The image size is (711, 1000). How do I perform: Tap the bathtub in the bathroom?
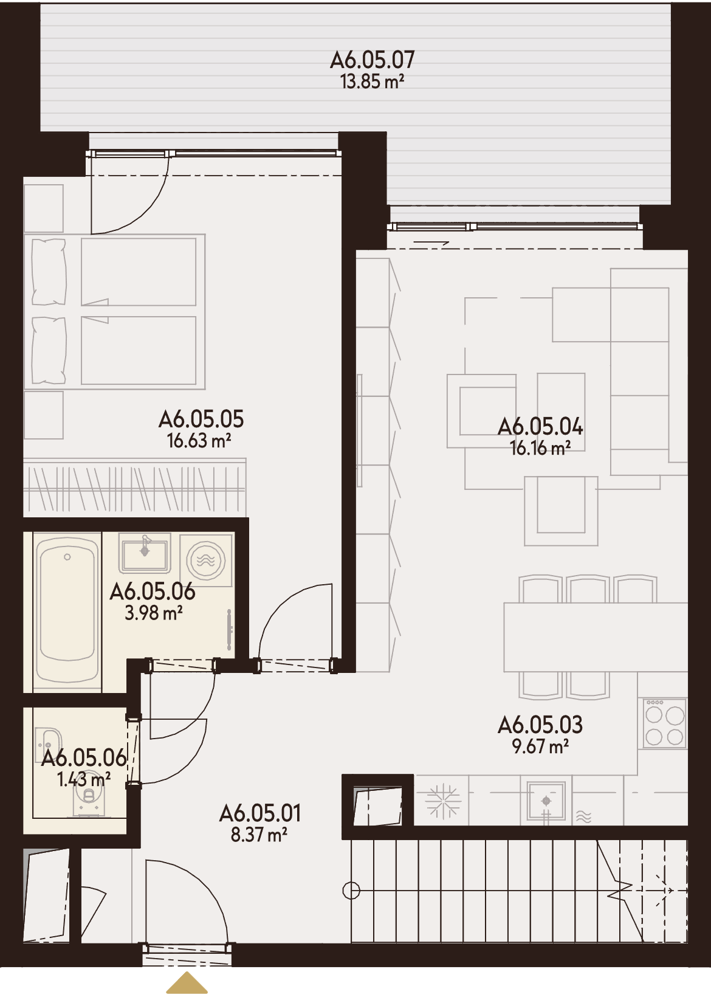click(x=67, y=612)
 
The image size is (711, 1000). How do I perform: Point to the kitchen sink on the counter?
click(x=546, y=801)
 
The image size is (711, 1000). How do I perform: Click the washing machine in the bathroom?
click(x=206, y=560)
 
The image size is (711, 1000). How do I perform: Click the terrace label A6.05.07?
click(x=373, y=60)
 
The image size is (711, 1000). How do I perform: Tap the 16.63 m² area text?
click(x=199, y=441)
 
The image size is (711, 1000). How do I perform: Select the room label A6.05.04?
click(x=540, y=427)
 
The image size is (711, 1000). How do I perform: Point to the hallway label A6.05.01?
click(x=259, y=814)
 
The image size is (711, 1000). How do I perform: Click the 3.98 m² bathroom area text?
click(x=154, y=613)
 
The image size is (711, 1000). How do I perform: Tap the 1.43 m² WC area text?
click(x=84, y=779)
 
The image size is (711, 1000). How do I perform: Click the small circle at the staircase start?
click(x=351, y=891)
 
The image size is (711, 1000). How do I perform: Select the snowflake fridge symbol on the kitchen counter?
click(x=443, y=801)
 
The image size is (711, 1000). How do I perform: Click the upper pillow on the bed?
click(x=49, y=272)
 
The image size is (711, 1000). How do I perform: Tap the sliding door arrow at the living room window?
click(x=431, y=243)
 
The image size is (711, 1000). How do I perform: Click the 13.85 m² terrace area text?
click(x=373, y=81)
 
